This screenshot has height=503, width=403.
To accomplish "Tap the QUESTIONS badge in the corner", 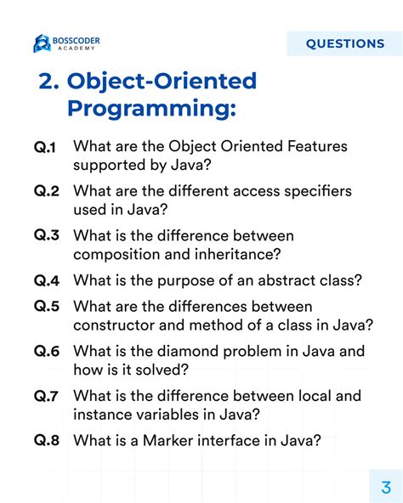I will (344, 43).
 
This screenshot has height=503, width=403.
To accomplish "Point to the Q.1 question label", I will (45, 148).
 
